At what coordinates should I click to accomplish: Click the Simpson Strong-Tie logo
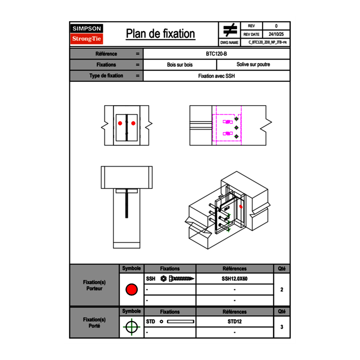[x=87, y=34]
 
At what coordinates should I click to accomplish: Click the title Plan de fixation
[x=160, y=34]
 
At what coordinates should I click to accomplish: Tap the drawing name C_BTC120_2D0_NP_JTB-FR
[x=267, y=43]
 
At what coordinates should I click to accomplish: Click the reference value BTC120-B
[x=217, y=54]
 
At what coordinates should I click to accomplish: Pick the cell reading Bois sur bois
[x=180, y=65]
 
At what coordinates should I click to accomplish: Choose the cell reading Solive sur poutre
[x=253, y=65]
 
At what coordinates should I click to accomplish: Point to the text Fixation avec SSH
[x=216, y=76]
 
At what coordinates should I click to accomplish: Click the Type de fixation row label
[x=106, y=76]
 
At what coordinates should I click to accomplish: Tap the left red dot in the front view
[x=120, y=123]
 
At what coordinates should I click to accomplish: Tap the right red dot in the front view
[x=133, y=123]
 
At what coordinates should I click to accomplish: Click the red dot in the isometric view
[x=241, y=207]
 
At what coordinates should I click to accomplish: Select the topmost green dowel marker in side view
[x=236, y=119]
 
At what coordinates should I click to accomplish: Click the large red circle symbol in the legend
[x=131, y=290]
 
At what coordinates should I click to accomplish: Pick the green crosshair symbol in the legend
[x=131, y=327]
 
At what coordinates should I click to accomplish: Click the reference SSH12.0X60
[x=234, y=279]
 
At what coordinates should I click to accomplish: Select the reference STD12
[x=234, y=322]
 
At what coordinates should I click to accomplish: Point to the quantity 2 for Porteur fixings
[x=281, y=290]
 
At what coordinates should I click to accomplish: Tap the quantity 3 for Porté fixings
[x=281, y=327]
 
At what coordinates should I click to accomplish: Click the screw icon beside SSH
[x=178, y=279]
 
